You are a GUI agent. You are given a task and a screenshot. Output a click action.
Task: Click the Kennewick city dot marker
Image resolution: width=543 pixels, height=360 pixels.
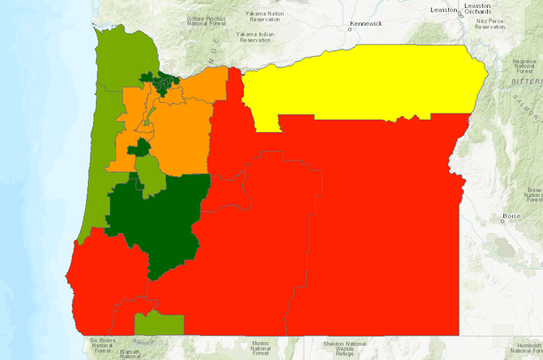(350, 27)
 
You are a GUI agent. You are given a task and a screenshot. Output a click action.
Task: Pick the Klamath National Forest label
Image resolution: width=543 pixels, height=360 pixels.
(130, 353)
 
